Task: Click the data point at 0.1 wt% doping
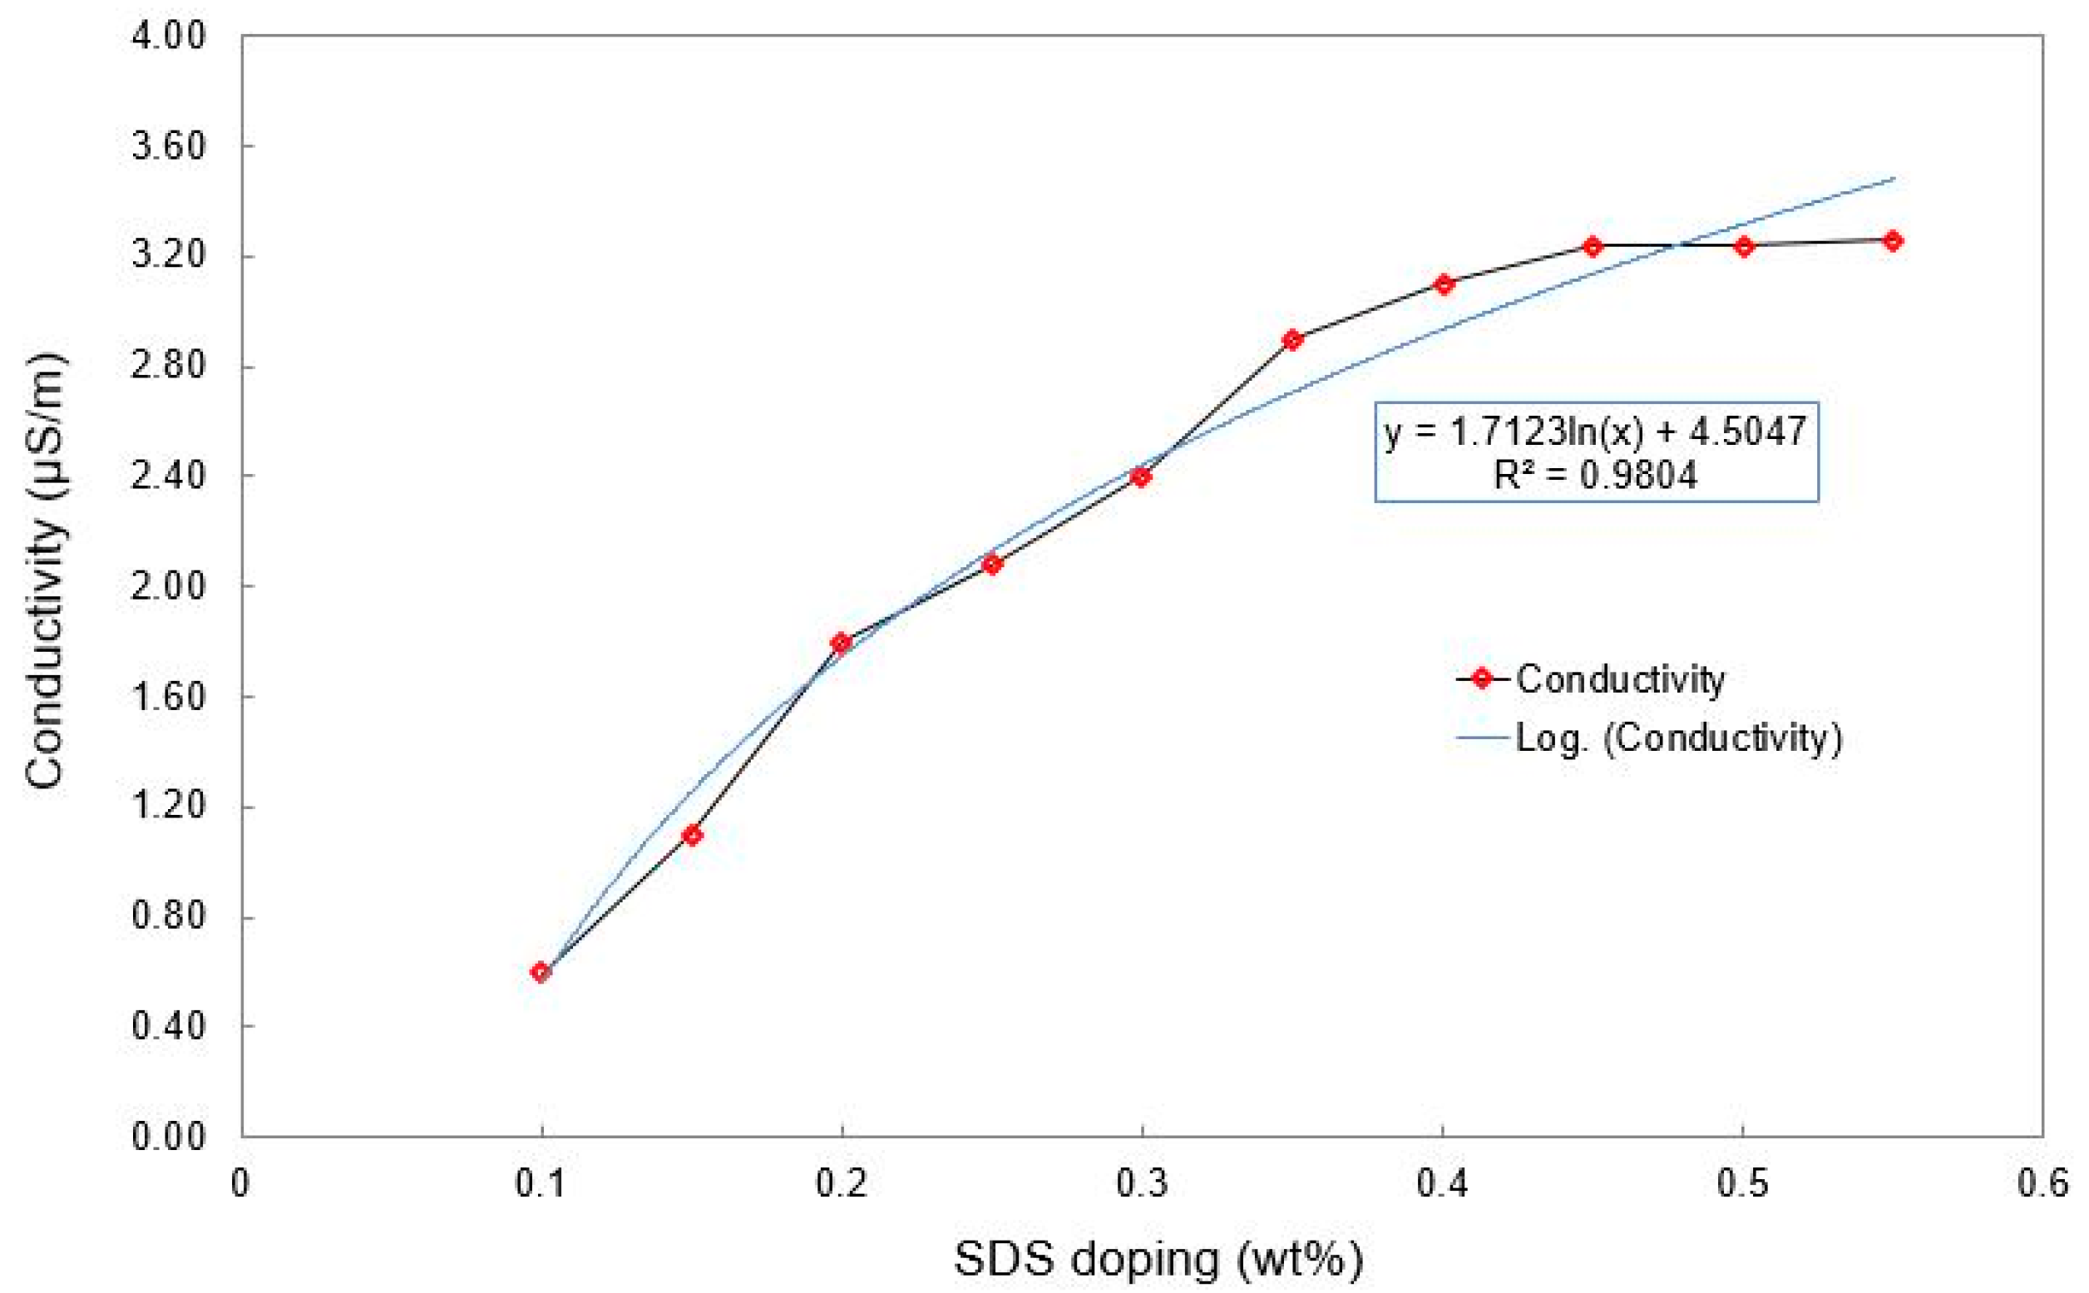pyautogui.click(x=540, y=972)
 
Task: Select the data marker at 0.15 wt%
pyautogui.click(x=692, y=835)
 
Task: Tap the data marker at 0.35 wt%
pyautogui.click(x=1292, y=339)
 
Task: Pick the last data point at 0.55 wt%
pyautogui.click(x=1893, y=241)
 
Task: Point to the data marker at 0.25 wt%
pyautogui.click(x=991, y=565)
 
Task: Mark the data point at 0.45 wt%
pyautogui.click(x=1593, y=246)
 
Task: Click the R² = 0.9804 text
pyautogui.click(x=1595, y=476)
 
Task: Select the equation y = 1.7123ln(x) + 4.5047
pyautogui.click(x=1595, y=430)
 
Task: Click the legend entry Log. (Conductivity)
pyautogui.click(x=1677, y=738)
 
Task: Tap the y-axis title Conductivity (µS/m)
pyautogui.click(x=44, y=570)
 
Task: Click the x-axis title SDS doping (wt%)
pyautogui.click(x=1158, y=1259)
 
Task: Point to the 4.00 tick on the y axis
pyautogui.click(x=169, y=37)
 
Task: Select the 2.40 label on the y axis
pyautogui.click(x=169, y=476)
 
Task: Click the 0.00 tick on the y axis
pyautogui.click(x=169, y=1137)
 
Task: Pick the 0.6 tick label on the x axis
pyautogui.click(x=2042, y=1183)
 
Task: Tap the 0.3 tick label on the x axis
pyautogui.click(x=1142, y=1183)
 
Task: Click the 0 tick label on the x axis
pyautogui.click(x=241, y=1183)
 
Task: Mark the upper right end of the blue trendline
pyautogui.click(x=1894, y=179)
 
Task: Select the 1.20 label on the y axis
pyautogui.click(x=169, y=806)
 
